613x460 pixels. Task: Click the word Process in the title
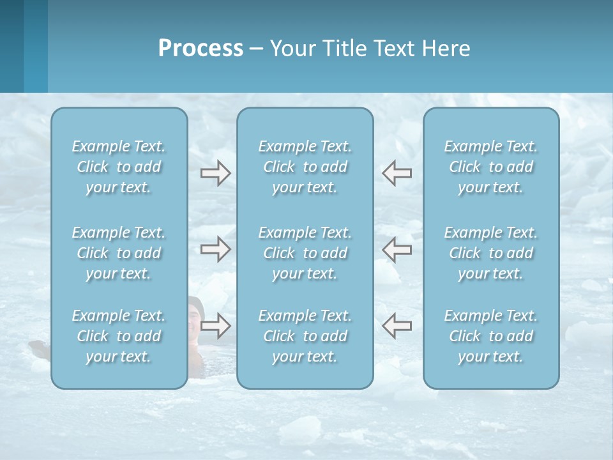coord(201,49)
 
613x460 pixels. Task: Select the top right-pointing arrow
coord(215,173)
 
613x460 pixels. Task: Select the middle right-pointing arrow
coord(215,249)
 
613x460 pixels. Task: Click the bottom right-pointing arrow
coord(215,326)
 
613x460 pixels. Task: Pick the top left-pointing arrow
coord(397,173)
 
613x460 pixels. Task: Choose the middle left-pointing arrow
coord(397,249)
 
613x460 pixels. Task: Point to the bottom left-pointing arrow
coord(397,326)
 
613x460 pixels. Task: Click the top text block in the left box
coord(119,167)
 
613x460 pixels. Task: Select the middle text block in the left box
coord(119,253)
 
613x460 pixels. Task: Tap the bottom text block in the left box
coord(119,336)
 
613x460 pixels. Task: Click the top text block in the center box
coord(305,167)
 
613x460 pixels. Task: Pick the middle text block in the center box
coord(305,253)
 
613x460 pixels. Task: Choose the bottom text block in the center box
coord(305,336)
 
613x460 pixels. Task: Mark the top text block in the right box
coord(490,167)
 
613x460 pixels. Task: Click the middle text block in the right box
coord(490,253)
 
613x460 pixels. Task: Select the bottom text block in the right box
coord(490,336)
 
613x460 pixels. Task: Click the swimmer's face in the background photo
coord(195,314)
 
